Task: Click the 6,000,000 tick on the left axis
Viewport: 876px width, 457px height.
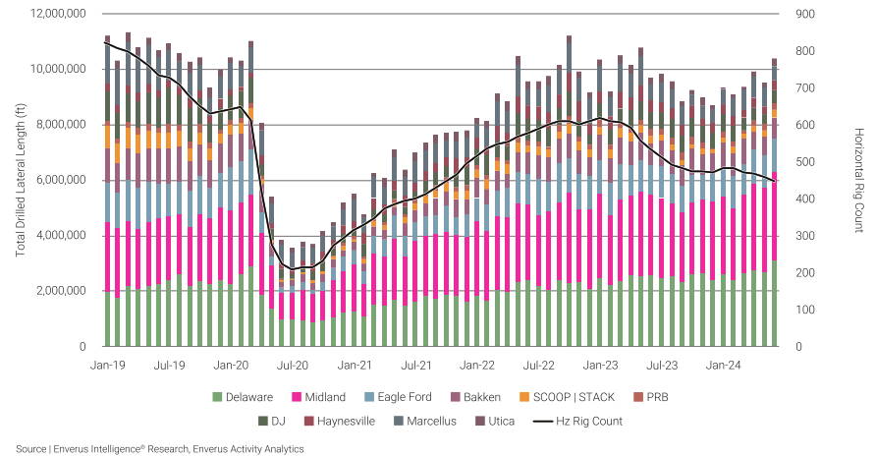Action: [x=61, y=181]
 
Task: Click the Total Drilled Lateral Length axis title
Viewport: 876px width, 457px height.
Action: [x=21, y=180]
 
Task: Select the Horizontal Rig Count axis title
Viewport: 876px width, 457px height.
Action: [x=858, y=180]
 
